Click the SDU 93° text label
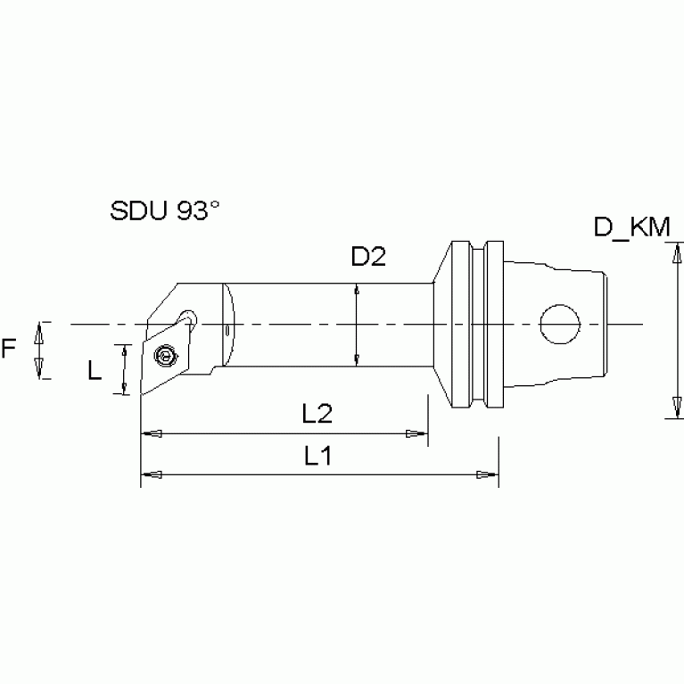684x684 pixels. click(x=165, y=211)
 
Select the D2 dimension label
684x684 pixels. click(x=367, y=258)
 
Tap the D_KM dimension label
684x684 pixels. click(x=631, y=228)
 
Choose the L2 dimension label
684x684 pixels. click(x=317, y=413)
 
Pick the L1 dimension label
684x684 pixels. click(x=317, y=457)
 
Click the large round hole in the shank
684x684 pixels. click(x=559, y=322)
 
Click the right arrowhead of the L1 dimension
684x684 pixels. click(x=488, y=475)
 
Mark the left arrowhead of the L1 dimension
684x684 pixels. click(x=152, y=475)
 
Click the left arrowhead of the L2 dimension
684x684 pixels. click(x=152, y=434)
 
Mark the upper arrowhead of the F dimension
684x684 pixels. click(x=37, y=333)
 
